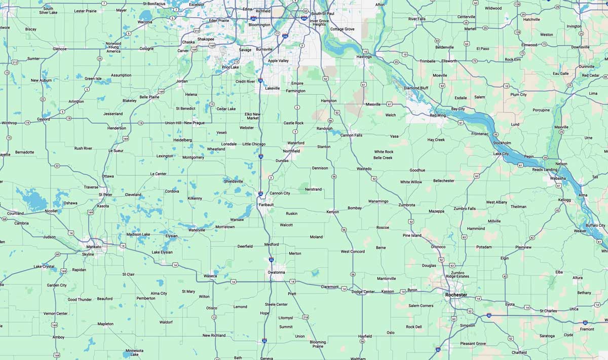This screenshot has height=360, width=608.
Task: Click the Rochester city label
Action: point(456,295)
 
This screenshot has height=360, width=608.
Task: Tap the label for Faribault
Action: point(266,204)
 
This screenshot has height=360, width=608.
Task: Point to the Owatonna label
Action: point(276,272)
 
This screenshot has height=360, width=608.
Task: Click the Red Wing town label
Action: point(438,116)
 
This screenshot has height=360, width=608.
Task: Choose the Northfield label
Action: point(291,151)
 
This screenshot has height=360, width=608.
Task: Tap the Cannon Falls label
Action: point(351,135)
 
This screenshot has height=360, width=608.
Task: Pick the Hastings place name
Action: point(364,57)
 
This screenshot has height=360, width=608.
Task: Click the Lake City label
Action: point(501,154)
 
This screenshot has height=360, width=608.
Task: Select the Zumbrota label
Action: point(406,205)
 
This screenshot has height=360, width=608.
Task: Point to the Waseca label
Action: point(210,276)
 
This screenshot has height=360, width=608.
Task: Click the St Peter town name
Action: point(105,194)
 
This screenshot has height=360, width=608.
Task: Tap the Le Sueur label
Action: point(116,151)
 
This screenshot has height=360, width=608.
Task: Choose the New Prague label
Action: point(195,123)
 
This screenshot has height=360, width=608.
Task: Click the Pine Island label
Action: point(412,235)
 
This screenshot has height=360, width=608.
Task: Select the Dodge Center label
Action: point(363,292)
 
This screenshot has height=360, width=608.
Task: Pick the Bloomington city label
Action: point(259,24)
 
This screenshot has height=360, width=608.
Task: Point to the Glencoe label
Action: point(59,49)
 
